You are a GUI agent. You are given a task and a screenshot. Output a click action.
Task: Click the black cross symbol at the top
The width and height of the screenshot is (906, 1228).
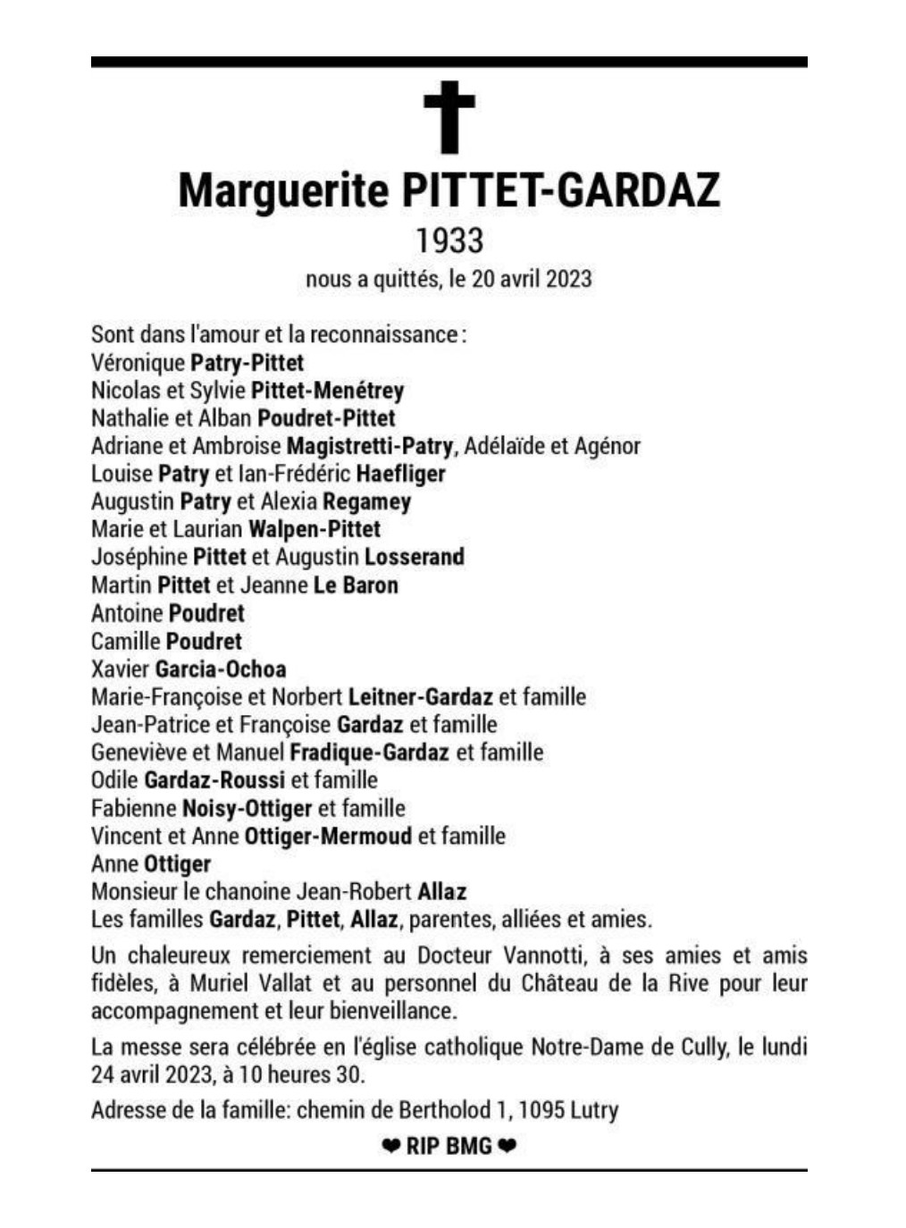(x=449, y=116)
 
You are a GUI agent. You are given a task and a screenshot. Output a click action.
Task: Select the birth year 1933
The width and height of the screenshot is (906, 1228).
(x=449, y=240)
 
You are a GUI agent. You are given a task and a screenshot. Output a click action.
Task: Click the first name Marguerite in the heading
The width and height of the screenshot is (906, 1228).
(x=283, y=190)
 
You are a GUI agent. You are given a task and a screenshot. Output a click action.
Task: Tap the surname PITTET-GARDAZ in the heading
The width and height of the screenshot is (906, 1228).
(x=561, y=190)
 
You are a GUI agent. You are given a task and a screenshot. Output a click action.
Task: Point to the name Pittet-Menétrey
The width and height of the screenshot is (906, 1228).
(x=327, y=391)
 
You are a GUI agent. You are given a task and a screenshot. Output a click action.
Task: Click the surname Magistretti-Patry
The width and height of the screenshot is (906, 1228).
(x=369, y=446)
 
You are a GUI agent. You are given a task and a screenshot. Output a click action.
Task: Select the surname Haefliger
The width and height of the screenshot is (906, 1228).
(x=400, y=474)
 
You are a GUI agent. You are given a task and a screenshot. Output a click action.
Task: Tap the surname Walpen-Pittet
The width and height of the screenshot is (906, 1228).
(x=315, y=529)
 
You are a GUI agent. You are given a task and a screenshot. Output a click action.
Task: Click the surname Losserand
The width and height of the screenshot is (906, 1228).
(x=415, y=557)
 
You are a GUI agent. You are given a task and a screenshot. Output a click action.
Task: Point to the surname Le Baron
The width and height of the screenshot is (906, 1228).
(x=356, y=585)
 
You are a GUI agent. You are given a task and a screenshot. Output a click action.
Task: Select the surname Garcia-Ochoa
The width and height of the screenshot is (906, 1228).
(x=221, y=669)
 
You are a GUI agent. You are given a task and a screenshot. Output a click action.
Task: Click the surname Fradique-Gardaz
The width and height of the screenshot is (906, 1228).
(x=369, y=753)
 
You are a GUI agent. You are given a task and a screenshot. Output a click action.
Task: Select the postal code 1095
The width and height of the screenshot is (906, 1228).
(x=541, y=1111)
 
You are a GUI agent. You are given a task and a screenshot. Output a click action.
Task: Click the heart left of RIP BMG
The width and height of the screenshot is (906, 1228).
(x=390, y=1146)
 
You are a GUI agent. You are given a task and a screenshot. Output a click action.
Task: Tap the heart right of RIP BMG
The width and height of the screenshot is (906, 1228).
(x=507, y=1146)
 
